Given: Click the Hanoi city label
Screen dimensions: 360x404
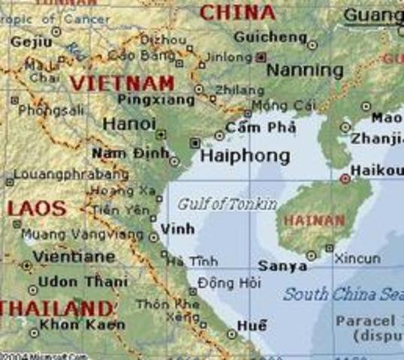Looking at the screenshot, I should pos(129,124).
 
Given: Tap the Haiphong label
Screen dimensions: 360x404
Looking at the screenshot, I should pos(244,156).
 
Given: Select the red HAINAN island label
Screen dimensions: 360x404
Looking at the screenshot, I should pos(314,221).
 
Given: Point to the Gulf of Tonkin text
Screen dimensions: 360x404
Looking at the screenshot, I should pos(227,204).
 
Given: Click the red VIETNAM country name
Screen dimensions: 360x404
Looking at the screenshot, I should pos(122,83).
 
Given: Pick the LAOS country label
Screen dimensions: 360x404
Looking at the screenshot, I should pos(36,208).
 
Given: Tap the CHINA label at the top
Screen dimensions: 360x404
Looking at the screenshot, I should pos(237,12).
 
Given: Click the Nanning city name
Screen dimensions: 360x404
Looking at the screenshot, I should pos(305,70).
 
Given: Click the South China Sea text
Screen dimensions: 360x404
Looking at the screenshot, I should pos(342,294).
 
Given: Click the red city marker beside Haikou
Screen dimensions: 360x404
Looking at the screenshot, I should pos(345,178).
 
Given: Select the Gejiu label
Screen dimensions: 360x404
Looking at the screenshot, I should pos(28,42).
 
